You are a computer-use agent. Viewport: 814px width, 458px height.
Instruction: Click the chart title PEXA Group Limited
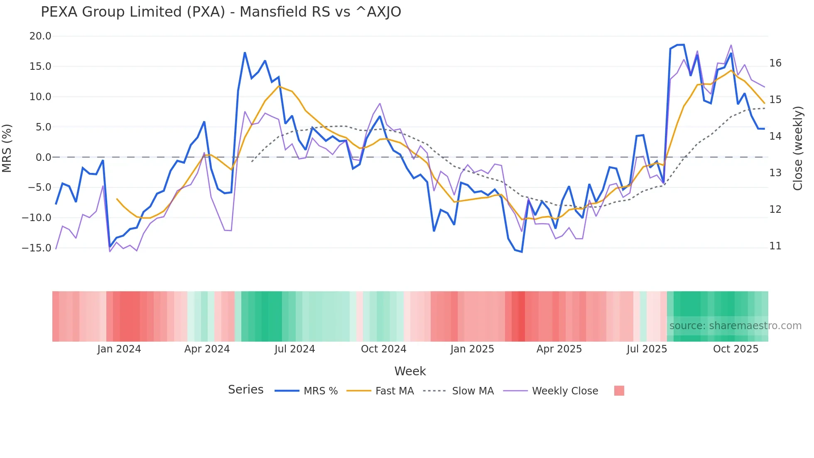point(221,12)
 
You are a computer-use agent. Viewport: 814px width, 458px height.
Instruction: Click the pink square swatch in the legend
point(619,391)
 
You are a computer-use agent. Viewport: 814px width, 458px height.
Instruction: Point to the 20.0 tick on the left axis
point(40,36)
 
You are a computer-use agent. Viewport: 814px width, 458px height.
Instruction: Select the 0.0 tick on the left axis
point(43,158)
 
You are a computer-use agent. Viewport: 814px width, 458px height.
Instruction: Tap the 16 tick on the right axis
point(775,63)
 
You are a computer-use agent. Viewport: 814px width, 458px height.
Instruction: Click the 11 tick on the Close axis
point(775,246)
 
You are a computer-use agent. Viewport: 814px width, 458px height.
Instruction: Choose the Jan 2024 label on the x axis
point(119,349)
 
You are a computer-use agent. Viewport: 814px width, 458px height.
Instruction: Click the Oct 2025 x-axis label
point(736,349)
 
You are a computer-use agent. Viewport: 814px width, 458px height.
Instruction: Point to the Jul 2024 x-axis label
point(294,349)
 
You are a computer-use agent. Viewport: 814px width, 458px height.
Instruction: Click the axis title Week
point(410,371)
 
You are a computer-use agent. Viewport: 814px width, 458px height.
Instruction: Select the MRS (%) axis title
point(7,148)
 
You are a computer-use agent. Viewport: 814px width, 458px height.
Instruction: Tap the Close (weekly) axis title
point(798,148)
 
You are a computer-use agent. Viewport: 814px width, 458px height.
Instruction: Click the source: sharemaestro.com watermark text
point(735,326)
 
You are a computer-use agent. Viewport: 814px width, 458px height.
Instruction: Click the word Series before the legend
point(245,390)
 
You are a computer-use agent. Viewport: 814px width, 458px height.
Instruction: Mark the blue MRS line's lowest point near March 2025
point(522,252)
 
